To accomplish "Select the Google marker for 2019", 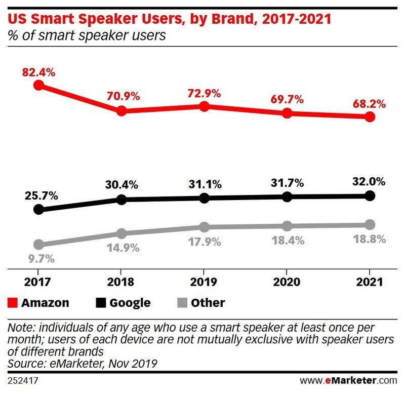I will (x=204, y=198).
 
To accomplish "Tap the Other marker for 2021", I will (x=370, y=224).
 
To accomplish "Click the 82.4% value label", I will (x=38, y=72).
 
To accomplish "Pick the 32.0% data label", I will (x=369, y=181).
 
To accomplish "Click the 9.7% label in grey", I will (x=38, y=258).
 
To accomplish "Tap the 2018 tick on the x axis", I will (x=121, y=282).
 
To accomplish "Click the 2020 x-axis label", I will (x=287, y=282).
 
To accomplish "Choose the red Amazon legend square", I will (x=13, y=303).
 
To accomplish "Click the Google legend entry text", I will (x=130, y=303).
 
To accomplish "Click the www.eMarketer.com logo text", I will (x=349, y=380).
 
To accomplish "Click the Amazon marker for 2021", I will (x=370, y=117).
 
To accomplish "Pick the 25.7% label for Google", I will (x=38, y=195).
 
